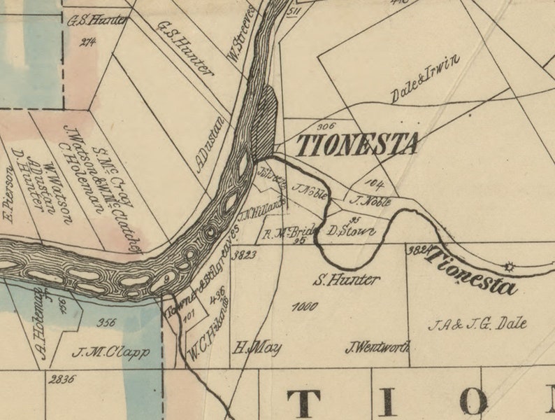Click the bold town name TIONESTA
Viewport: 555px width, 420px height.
point(358,145)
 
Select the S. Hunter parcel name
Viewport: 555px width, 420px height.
point(346,281)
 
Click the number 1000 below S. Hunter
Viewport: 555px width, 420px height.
point(305,307)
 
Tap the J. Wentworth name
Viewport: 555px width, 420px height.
point(377,346)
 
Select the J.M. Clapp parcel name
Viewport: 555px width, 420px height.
point(110,353)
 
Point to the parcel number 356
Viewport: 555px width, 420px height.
point(107,323)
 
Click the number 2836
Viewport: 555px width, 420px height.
point(61,379)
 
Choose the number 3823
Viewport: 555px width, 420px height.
point(245,255)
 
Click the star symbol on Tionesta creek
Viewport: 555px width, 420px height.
point(508,266)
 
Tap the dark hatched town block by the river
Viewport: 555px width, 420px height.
point(267,122)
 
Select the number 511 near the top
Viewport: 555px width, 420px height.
point(293,12)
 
